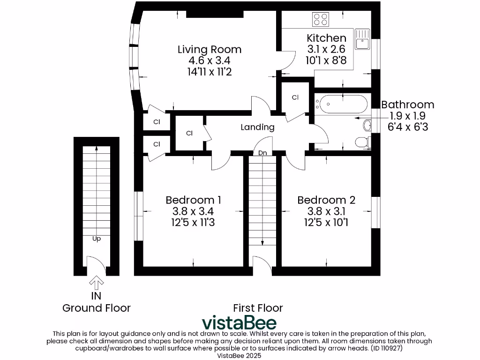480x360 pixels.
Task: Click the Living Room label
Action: [x=209, y=49]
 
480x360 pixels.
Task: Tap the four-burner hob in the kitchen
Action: [x=321, y=19]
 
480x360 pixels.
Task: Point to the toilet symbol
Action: [x=362, y=141]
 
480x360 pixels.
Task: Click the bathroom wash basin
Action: [x=367, y=125]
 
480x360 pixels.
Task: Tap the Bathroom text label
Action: [x=407, y=105]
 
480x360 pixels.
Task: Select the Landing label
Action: [x=257, y=127]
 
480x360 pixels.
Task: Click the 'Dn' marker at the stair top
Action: [x=263, y=152]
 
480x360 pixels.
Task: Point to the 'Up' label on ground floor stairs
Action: [x=96, y=238]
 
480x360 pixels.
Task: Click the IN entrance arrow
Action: [x=97, y=283]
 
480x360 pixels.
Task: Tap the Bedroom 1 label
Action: [x=193, y=200]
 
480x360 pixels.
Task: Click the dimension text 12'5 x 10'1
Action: [x=326, y=222]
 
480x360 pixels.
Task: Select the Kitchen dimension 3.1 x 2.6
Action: [x=326, y=49]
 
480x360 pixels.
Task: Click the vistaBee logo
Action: [x=239, y=322]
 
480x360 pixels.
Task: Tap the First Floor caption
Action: [x=258, y=308]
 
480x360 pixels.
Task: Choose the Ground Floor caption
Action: [x=97, y=308]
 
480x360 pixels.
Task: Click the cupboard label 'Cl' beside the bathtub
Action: [x=295, y=97]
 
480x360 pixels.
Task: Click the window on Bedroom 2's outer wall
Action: [x=375, y=212]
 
